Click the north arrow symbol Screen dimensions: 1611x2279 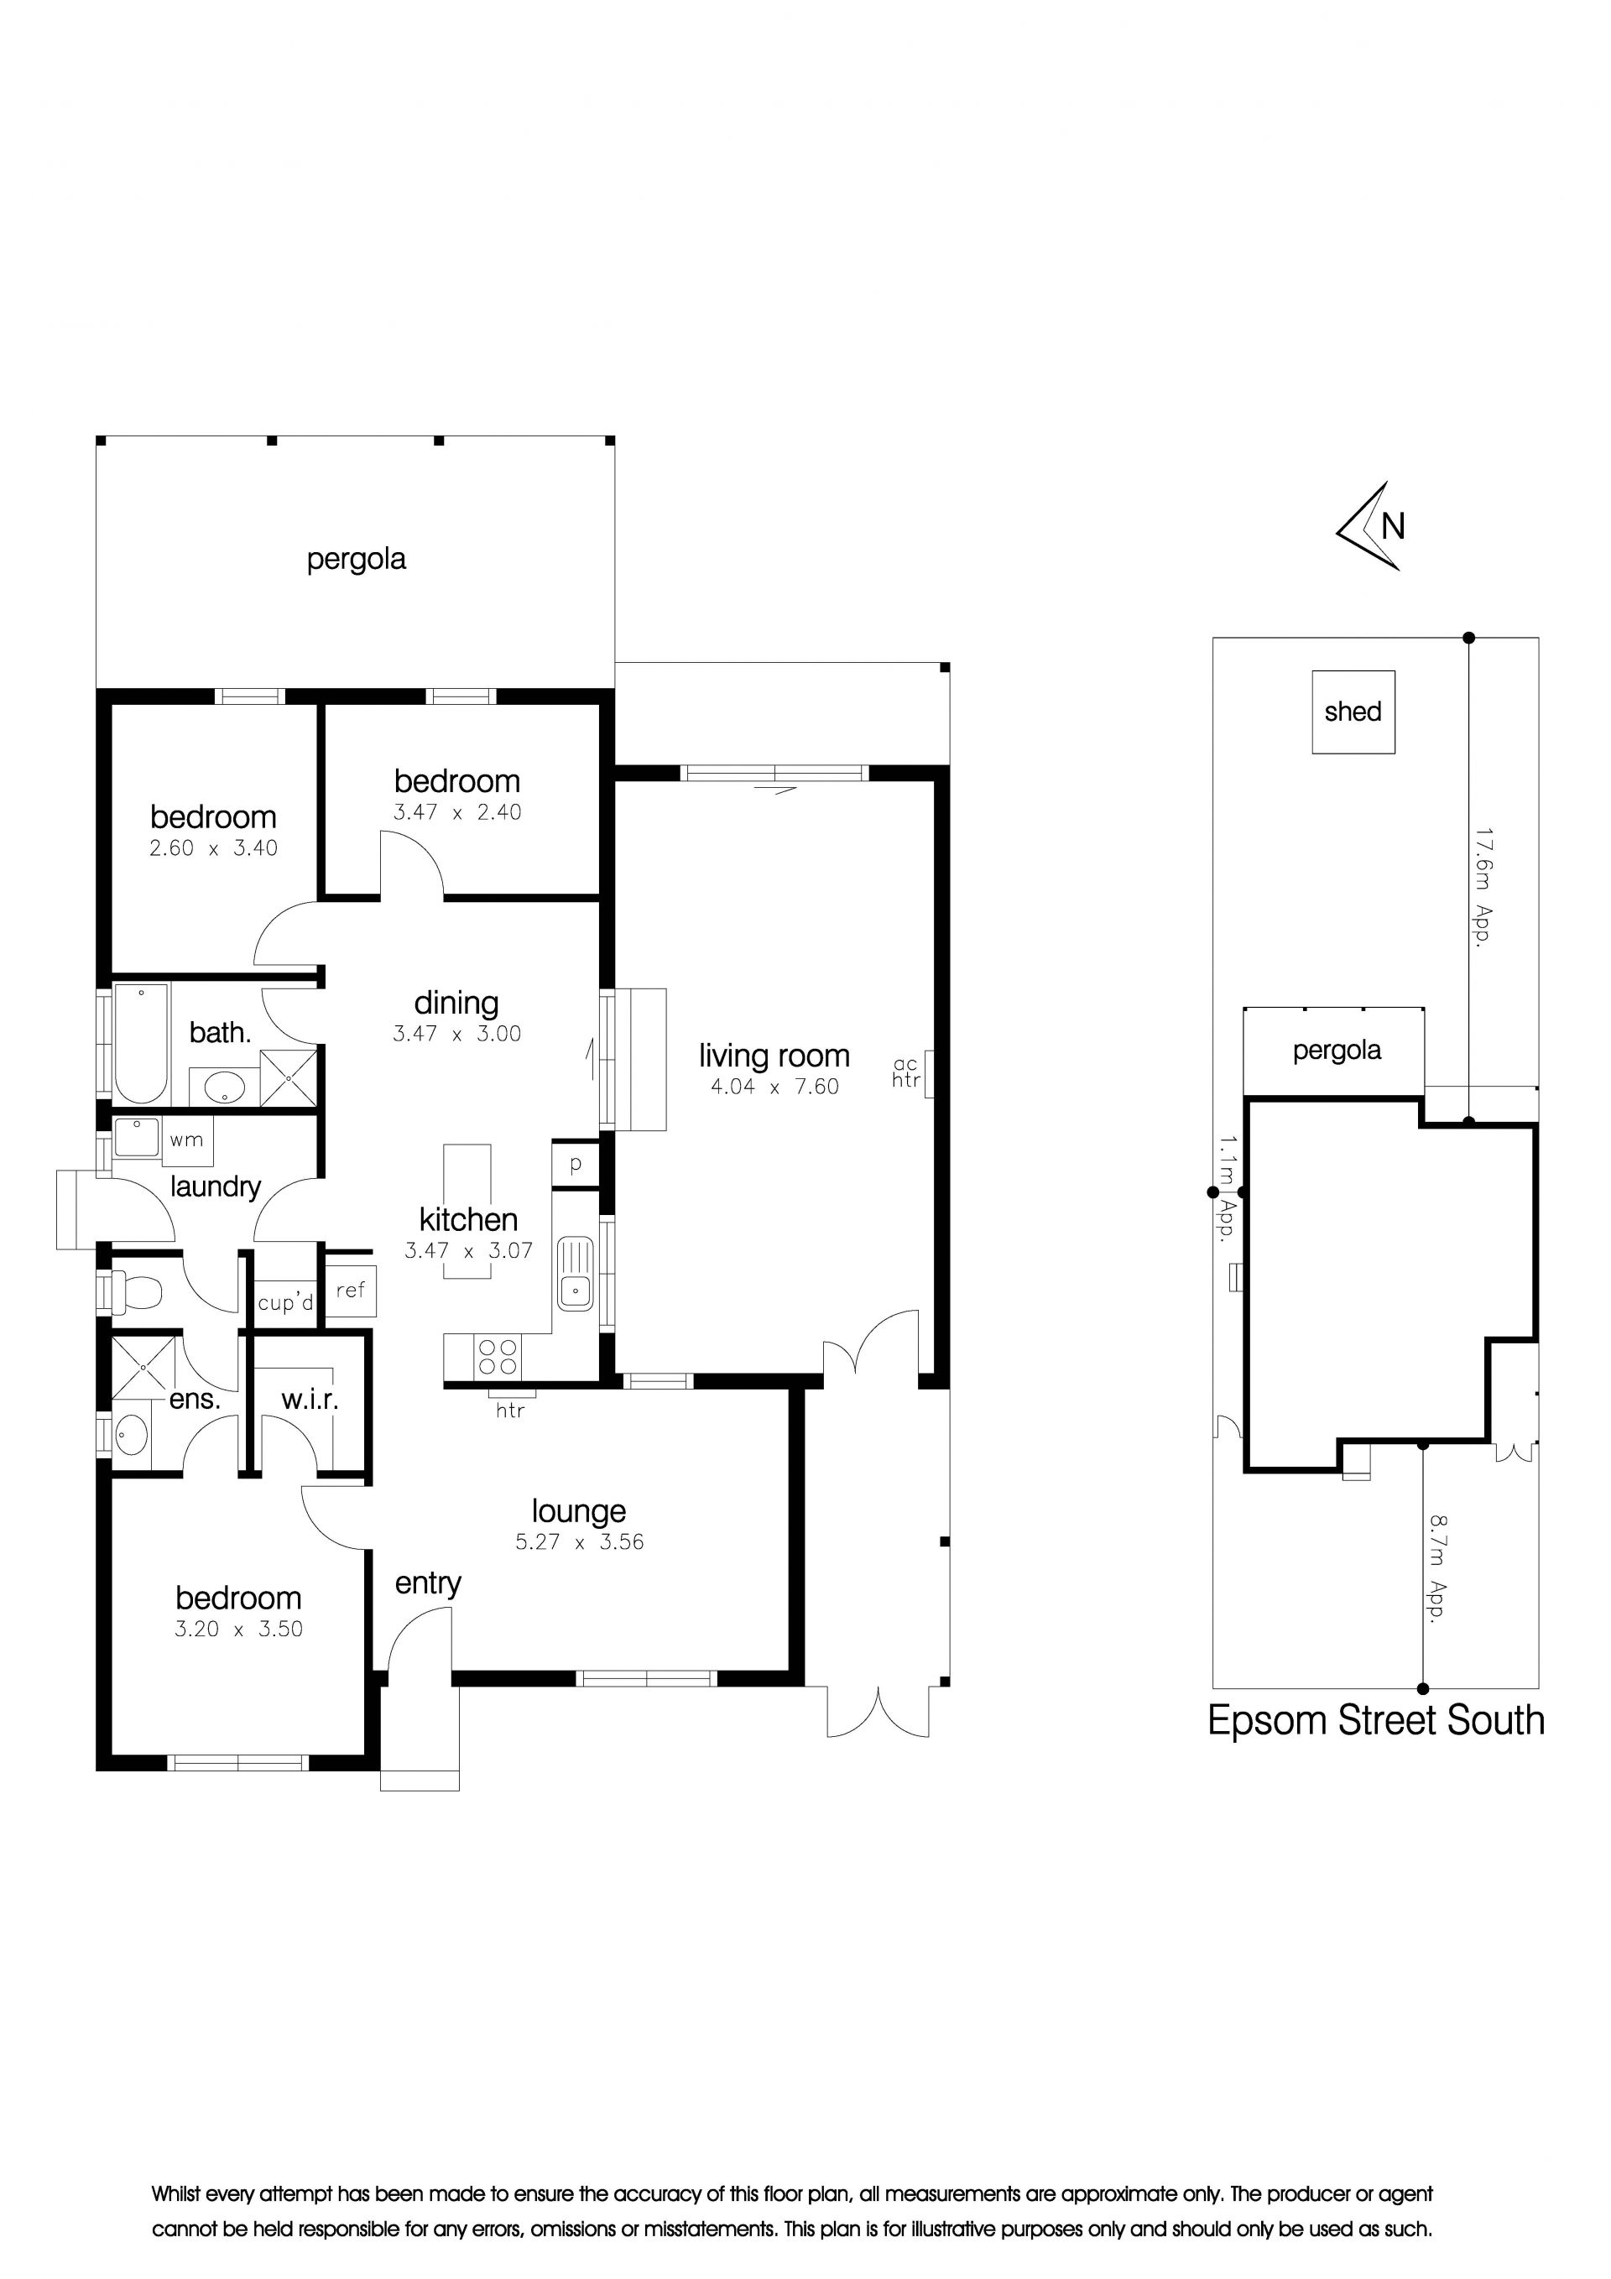[x=1370, y=527]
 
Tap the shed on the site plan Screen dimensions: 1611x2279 [x=1353, y=712]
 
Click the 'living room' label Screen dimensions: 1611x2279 [x=774, y=1055]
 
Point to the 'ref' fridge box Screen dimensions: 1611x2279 [x=351, y=1291]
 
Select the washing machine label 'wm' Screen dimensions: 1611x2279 [x=186, y=1139]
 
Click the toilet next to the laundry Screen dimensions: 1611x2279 [x=135, y=1292]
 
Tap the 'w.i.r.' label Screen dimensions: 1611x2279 [x=310, y=1400]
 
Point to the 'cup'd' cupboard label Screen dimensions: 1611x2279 [x=286, y=1302]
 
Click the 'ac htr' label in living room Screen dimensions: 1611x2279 [x=905, y=1072]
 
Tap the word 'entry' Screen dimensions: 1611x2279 [x=428, y=1583]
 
